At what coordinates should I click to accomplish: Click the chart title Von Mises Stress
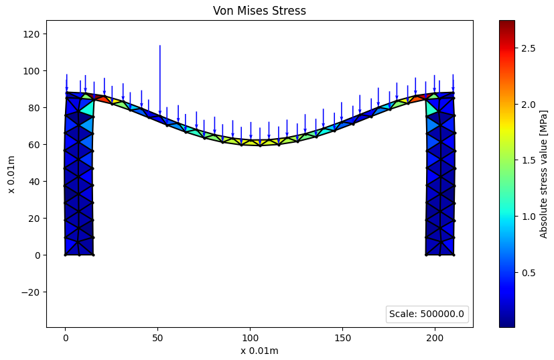click(x=260, y=11)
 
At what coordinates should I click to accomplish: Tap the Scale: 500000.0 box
click(x=427, y=314)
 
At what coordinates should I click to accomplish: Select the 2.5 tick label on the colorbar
click(x=529, y=48)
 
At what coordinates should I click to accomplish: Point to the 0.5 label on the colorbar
click(x=529, y=272)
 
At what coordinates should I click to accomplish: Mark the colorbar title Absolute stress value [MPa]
click(x=543, y=174)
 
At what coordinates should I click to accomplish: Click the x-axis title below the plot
click(x=260, y=350)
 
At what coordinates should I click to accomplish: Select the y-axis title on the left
click(x=11, y=174)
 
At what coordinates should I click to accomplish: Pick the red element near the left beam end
click(x=102, y=99)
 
